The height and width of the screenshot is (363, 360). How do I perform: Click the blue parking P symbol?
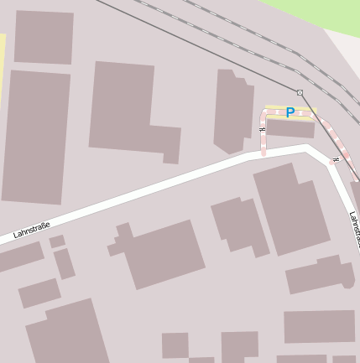[290, 112]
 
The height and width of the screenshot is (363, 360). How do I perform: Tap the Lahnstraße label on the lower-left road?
[32, 231]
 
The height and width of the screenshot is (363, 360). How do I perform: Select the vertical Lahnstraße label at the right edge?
[354, 228]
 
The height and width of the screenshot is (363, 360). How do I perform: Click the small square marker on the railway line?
[300, 91]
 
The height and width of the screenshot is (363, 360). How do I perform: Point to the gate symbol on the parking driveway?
[263, 130]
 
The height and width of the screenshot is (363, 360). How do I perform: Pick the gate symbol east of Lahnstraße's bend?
[336, 158]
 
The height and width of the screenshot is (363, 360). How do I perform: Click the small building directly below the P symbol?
[290, 128]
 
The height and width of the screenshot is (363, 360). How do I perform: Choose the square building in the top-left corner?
[44, 37]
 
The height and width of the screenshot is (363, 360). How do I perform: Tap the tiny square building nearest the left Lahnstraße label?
[57, 241]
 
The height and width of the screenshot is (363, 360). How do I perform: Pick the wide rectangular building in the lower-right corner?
[319, 326]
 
